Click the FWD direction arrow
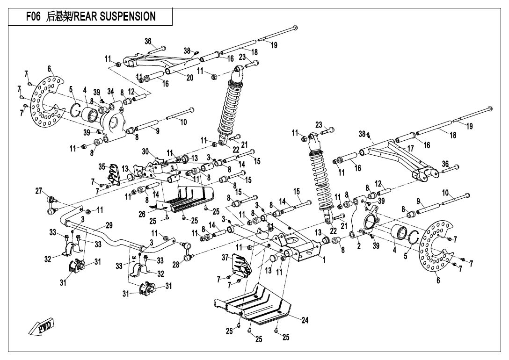click(41, 326)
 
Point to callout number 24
click(305, 320)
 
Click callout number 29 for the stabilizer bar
click(109, 225)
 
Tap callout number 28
click(176, 265)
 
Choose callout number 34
click(110, 91)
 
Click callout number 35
click(102, 166)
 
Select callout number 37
click(225, 257)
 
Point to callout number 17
click(411, 148)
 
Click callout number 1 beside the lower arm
click(324, 260)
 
